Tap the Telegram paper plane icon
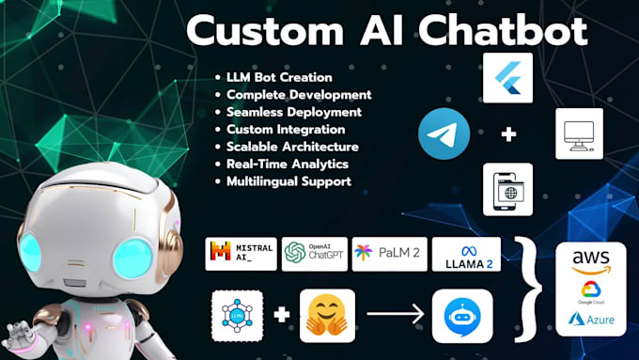(x=444, y=133)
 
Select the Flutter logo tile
(x=507, y=78)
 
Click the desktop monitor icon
(x=579, y=133)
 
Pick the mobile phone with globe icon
(x=507, y=188)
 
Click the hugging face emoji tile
(x=328, y=314)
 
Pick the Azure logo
(x=590, y=319)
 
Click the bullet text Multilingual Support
(x=288, y=180)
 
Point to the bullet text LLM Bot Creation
(x=279, y=76)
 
